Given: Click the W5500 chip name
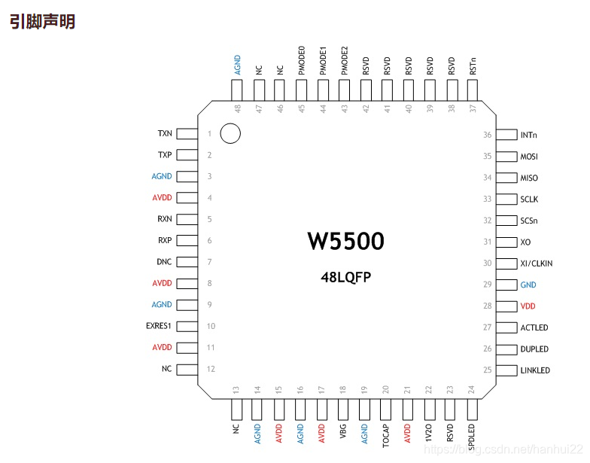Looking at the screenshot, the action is pyautogui.click(x=346, y=241).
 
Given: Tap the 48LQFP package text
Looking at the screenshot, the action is pyautogui.click(x=346, y=277).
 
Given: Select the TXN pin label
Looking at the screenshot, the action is pyautogui.click(x=165, y=134).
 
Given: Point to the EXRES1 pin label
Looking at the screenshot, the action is pyautogui.click(x=158, y=325).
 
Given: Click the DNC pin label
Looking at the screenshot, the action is pyautogui.click(x=164, y=262).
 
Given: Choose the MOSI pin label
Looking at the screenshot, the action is pyautogui.click(x=529, y=157).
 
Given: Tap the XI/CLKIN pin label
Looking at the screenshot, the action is pyautogui.click(x=537, y=263).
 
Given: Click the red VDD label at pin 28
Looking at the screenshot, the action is pyautogui.click(x=528, y=306).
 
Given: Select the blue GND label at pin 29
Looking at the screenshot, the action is pyautogui.click(x=528, y=285).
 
